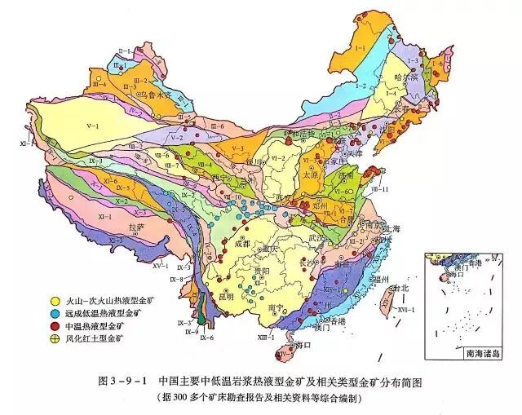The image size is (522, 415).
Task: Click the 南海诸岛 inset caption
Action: point(482,354)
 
